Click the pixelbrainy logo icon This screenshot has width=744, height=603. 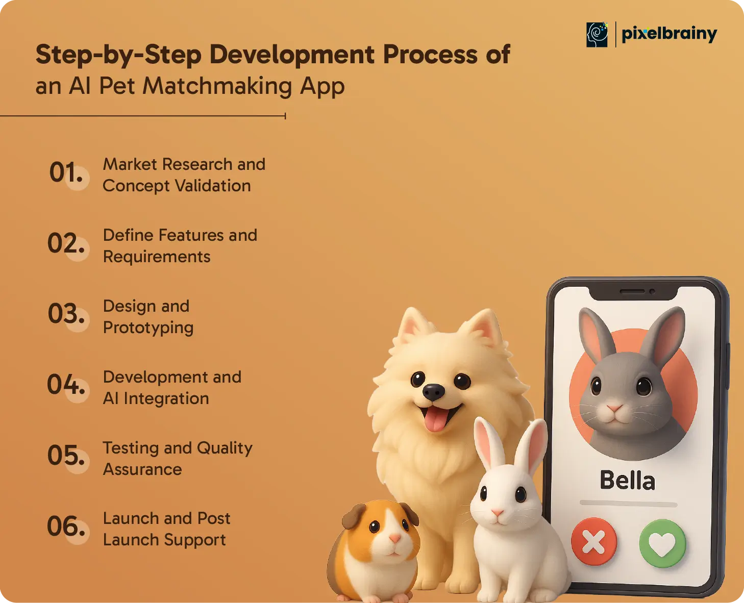click(597, 35)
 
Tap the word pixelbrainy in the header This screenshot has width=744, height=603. click(669, 34)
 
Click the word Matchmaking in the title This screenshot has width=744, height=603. click(217, 86)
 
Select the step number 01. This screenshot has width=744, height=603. click(66, 172)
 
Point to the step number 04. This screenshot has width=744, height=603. click(66, 384)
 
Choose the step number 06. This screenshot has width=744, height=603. click(66, 526)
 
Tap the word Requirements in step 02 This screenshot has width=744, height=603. click(157, 257)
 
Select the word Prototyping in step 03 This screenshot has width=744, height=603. click(148, 328)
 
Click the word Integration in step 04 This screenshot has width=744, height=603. click(166, 399)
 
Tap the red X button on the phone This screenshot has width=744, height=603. click(594, 542)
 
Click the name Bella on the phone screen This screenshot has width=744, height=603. click(627, 481)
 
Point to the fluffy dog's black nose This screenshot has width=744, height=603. click(433, 392)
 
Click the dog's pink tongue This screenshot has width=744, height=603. click(436, 418)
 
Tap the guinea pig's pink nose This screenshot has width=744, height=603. click(395, 538)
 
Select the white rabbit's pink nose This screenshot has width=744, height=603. click(498, 513)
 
